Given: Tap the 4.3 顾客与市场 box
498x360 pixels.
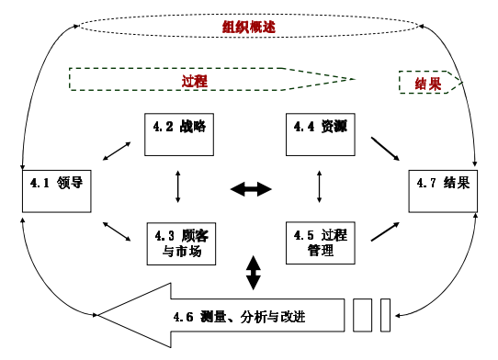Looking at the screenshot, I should [177, 242].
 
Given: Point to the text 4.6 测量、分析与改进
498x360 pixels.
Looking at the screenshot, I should [250, 318].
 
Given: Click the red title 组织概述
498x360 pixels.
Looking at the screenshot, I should [249, 27].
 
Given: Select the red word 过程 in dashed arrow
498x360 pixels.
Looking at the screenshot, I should [195, 81].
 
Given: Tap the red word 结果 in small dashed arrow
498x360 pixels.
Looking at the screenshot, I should [426, 82].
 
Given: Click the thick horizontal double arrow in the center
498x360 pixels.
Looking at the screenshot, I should [250, 189].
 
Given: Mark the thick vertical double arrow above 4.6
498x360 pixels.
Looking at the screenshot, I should [253, 273].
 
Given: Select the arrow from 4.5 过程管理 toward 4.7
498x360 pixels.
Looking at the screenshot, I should [385, 230].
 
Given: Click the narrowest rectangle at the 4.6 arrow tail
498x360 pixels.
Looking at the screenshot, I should [385, 314].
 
